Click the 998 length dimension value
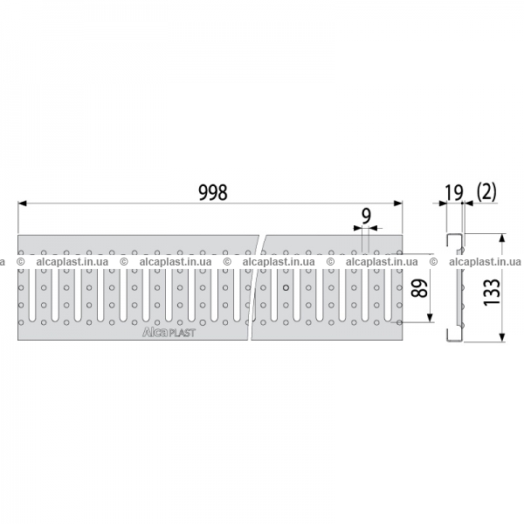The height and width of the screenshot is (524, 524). tap(213, 192)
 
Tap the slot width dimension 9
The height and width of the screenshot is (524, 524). tap(366, 217)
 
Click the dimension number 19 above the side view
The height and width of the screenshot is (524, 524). tap(454, 193)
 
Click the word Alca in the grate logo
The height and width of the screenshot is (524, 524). tap(155, 332)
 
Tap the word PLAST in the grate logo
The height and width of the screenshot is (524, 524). tap(181, 333)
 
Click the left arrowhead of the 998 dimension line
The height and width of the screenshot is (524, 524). tap(22, 203)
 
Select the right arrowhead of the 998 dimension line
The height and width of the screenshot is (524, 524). tap(398, 203)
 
